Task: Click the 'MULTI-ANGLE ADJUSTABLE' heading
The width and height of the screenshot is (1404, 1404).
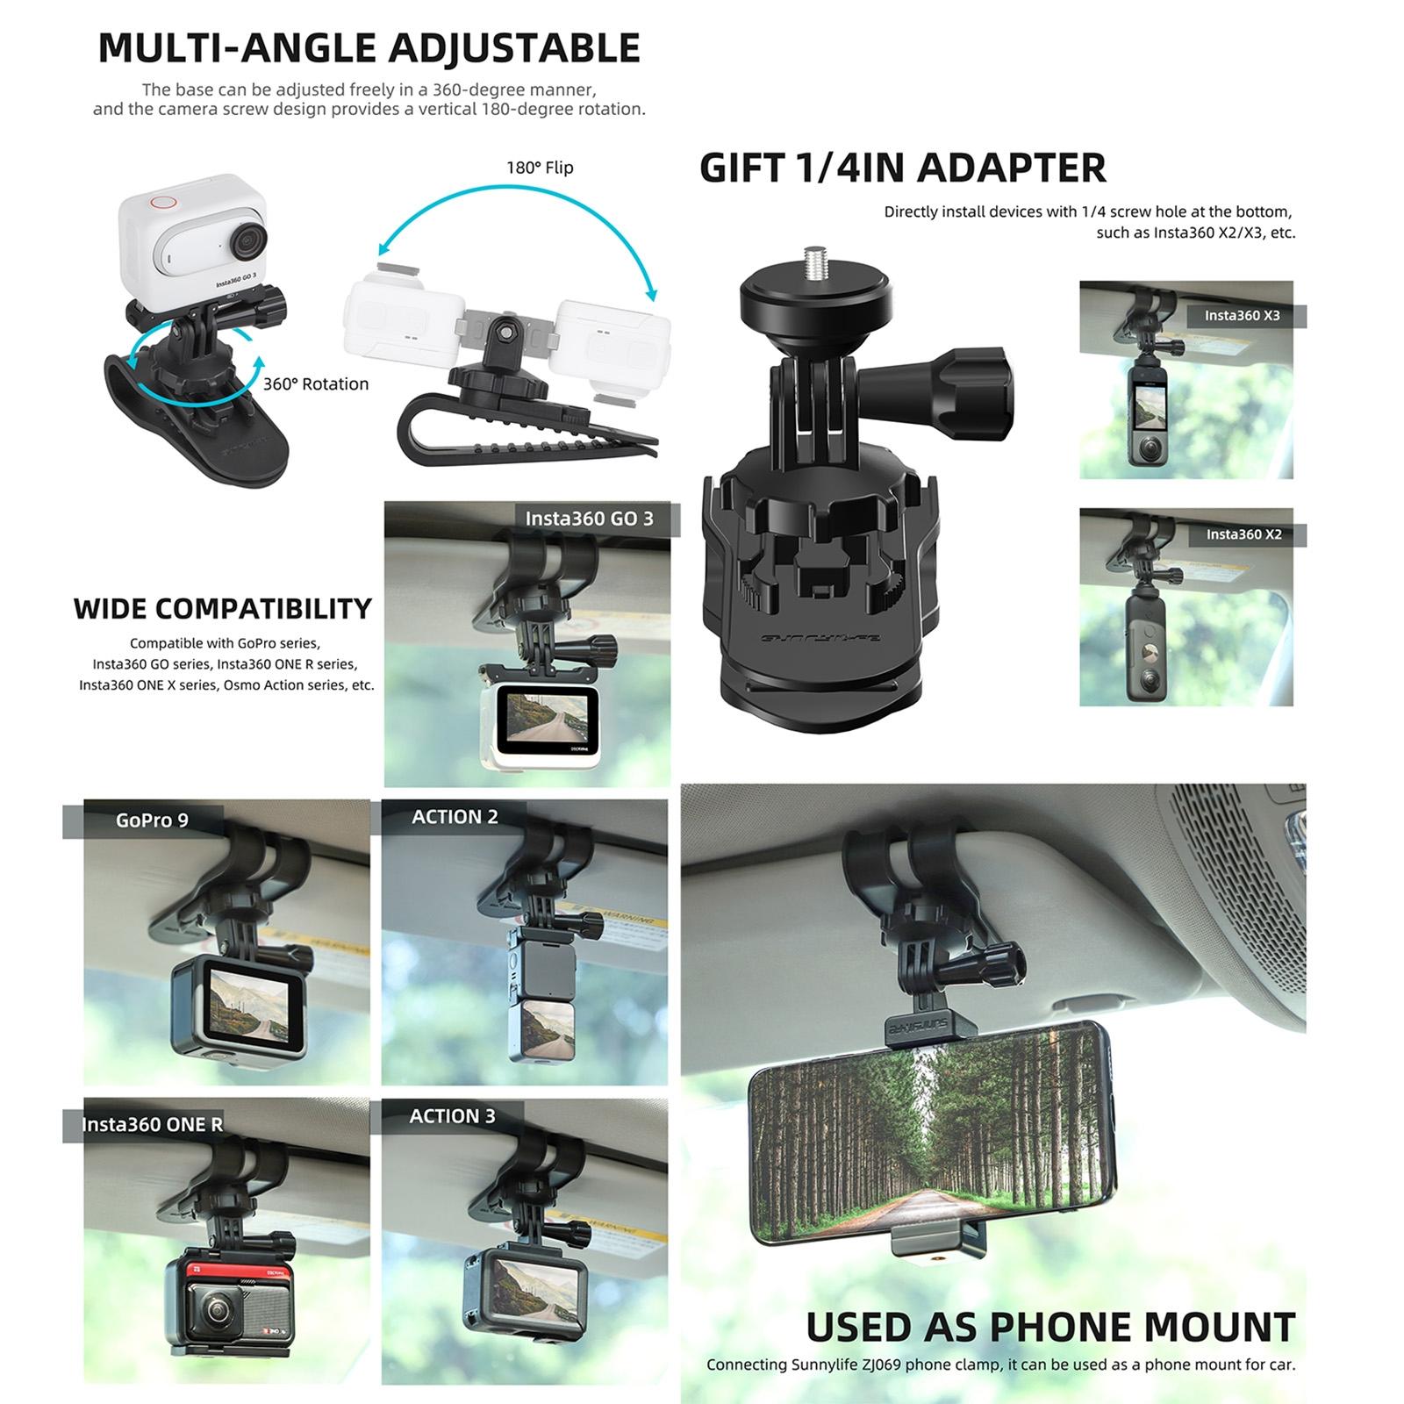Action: [369, 48]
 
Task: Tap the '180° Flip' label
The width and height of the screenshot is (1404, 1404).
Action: [540, 168]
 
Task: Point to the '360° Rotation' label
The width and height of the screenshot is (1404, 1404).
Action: [316, 384]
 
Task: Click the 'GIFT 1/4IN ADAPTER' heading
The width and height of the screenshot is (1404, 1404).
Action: [902, 168]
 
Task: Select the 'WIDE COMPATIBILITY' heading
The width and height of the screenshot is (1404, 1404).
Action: [223, 609]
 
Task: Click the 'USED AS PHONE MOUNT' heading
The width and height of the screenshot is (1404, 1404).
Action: [1050, 1328]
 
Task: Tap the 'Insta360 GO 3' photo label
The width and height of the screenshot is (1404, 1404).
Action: [589, 519]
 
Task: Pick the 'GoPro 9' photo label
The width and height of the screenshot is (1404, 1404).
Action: [152, 820]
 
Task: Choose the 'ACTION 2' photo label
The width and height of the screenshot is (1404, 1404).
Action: [455, 817]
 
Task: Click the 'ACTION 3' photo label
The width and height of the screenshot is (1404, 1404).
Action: [452, 1116]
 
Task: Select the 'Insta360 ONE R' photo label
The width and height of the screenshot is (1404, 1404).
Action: [152, 1125]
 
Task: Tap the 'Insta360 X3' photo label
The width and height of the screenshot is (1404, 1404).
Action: [1242, 316]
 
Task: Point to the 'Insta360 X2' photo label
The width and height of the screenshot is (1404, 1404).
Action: [1243, 534]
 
